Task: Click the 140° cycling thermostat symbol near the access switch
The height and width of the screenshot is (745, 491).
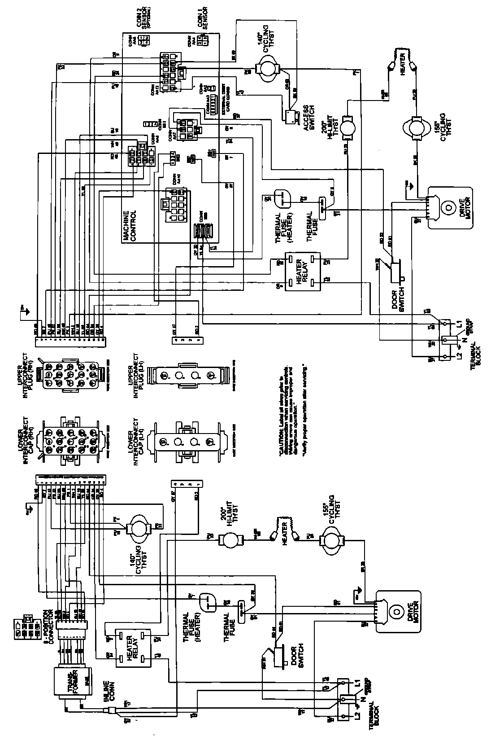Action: [268, 69]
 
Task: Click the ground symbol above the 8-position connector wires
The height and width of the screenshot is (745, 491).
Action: [30, 508]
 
